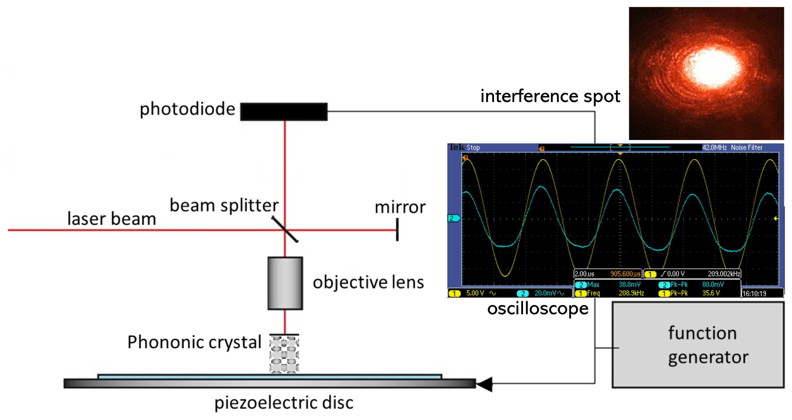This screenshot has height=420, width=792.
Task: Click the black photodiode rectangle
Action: coord(284,111)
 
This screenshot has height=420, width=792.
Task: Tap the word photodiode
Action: coord(187,109)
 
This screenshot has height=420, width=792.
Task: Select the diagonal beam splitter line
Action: coord(285,229)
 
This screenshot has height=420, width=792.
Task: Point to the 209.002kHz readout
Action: coord(724,274)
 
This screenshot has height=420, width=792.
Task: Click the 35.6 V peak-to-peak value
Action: coord(711,293)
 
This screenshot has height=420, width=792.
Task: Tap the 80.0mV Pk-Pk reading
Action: coord(713,284)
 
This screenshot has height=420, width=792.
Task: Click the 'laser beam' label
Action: coord(112,219)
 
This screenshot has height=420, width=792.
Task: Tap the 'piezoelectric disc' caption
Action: coord(284,403)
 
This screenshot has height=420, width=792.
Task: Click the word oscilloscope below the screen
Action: coord(538,309)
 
